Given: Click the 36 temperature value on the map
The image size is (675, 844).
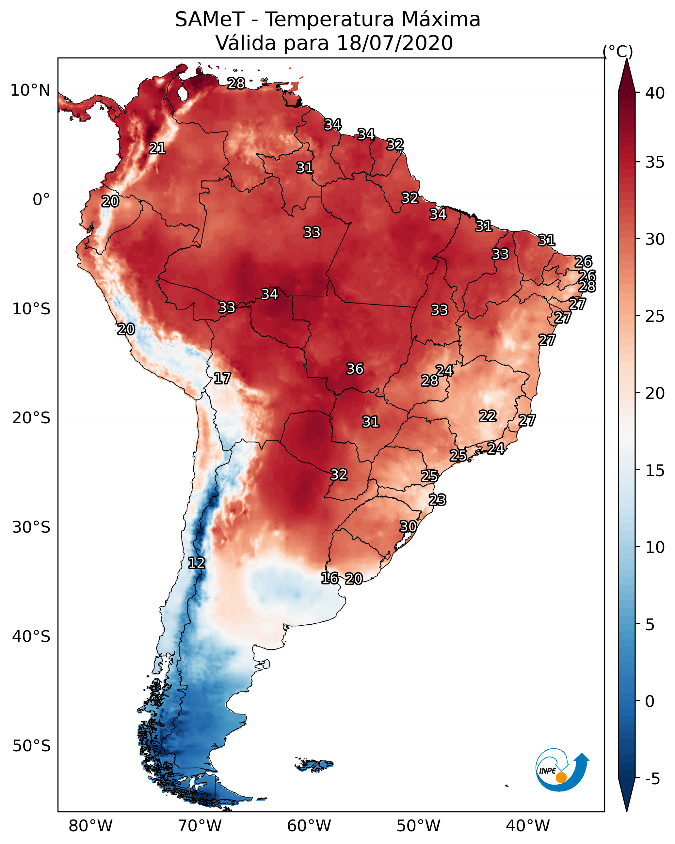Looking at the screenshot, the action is pos(355,369).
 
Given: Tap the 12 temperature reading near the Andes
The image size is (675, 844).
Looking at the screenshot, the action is pos(196,563).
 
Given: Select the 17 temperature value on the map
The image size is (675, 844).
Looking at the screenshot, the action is pos(222,378).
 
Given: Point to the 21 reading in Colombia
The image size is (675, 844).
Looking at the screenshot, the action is pos(157,148).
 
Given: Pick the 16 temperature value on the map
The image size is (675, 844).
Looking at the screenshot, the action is pos(329,578).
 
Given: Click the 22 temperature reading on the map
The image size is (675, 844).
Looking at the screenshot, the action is pos(488,416).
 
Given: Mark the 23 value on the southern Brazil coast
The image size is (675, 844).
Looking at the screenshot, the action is pos(437,500).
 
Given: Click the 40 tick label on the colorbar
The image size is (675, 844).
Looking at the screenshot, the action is pos(655,93).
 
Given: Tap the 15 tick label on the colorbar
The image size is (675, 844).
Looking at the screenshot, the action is pos(655,471).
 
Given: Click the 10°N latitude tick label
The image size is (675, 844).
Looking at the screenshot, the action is pos(30,90).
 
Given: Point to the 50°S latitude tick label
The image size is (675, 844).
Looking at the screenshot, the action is pos(31,746).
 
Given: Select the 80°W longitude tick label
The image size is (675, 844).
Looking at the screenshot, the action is pos(90,826).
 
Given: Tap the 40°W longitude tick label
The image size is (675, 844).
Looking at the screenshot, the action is pos(528,826).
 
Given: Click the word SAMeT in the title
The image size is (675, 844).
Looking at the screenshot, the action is pos(210,20).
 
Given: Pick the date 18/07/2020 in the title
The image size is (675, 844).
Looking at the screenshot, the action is pos(394,43).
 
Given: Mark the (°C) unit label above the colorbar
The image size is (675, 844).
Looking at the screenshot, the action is pos(618,51).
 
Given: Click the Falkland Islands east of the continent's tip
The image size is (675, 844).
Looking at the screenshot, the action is pos(314,765).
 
